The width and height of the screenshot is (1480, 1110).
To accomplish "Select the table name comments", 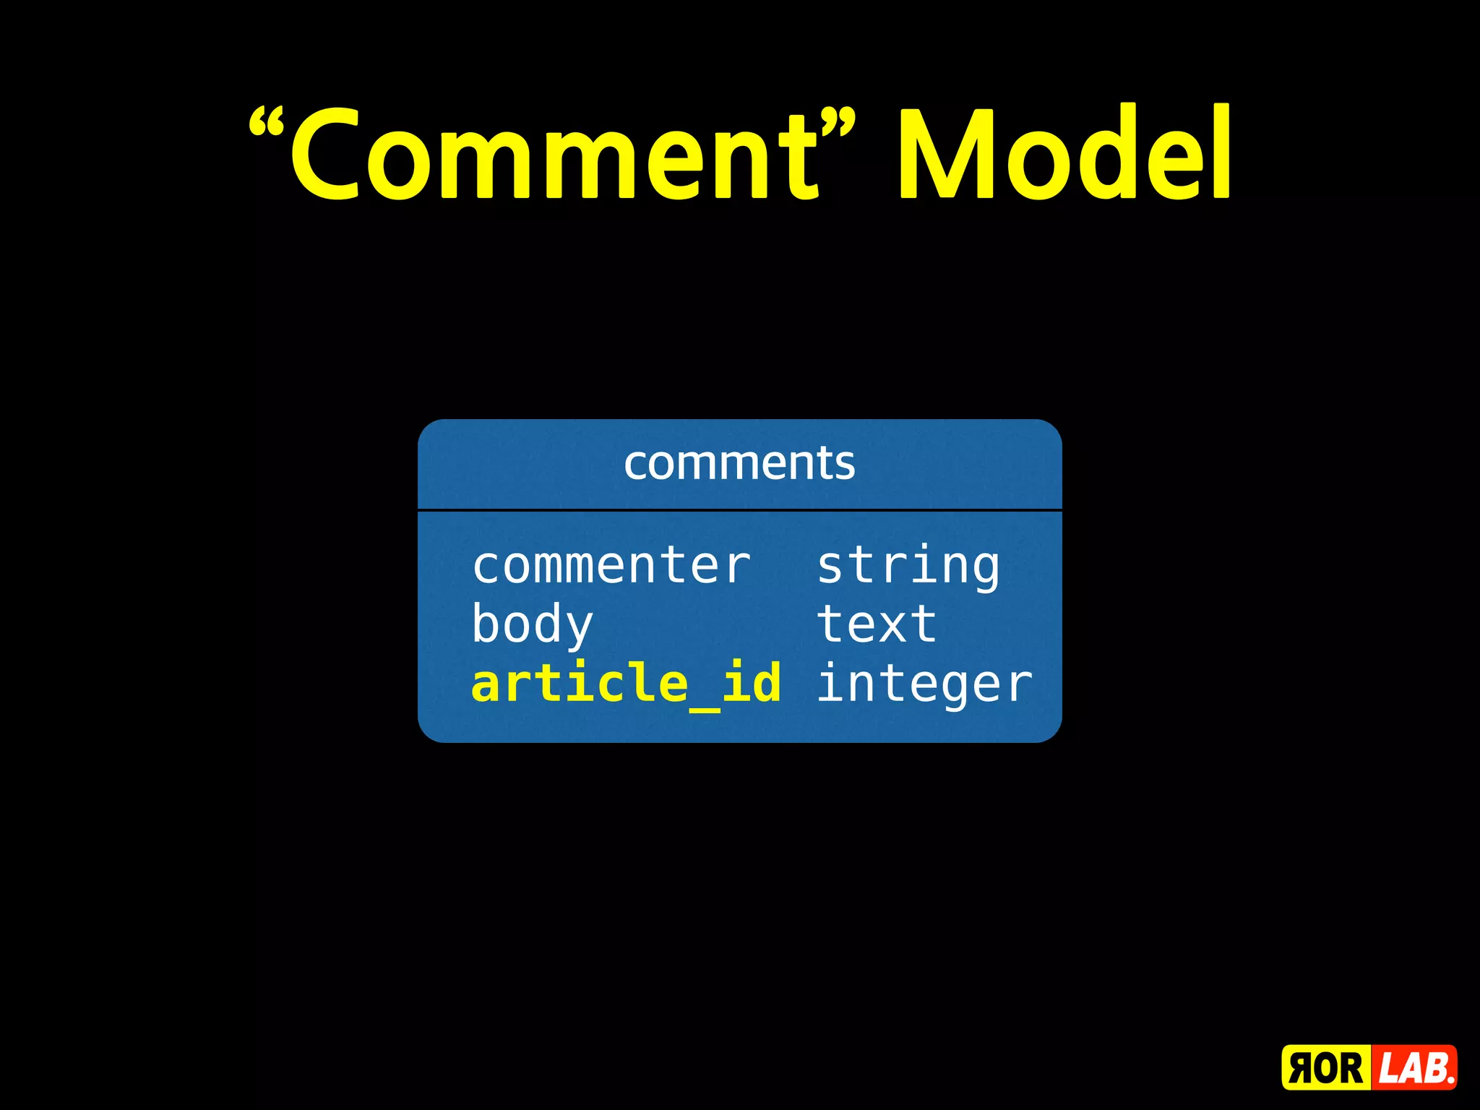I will [739, 463].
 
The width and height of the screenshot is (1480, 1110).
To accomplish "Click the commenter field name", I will [611, 565].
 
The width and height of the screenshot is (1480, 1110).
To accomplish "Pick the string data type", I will [908, 567].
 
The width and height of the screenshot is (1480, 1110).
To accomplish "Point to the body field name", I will [533, 625].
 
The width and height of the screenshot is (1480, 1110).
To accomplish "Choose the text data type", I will [877, 624].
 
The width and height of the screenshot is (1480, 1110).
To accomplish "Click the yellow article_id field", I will [626, 684].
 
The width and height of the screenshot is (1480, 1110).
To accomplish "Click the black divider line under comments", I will [739, 510].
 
